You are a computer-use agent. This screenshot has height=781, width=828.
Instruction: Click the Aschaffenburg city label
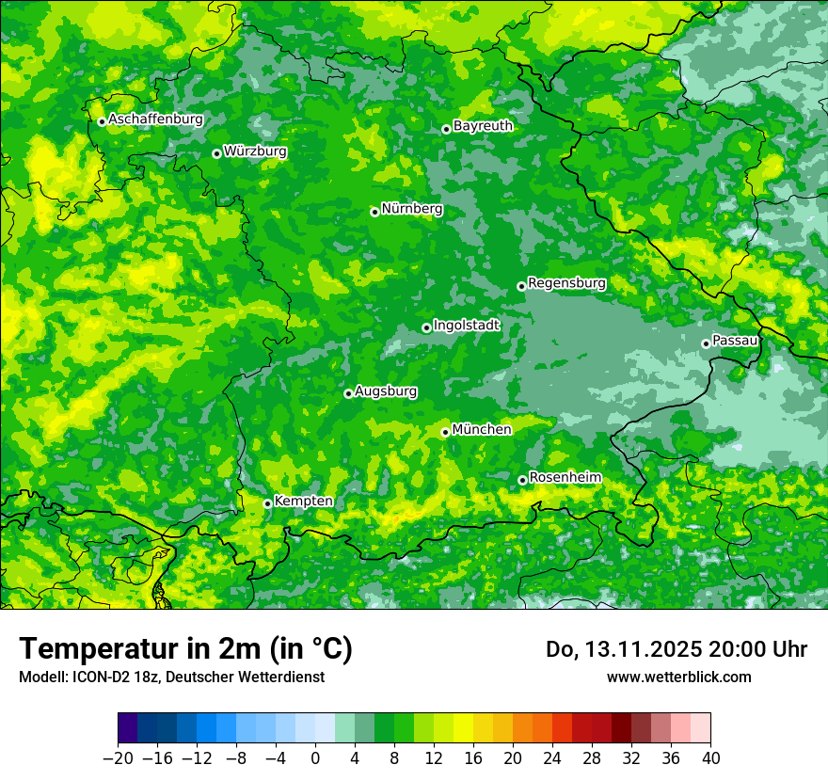[155, 120]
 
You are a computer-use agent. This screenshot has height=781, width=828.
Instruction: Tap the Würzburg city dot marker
[216, 153]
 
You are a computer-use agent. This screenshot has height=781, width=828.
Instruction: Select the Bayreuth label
[483, 125]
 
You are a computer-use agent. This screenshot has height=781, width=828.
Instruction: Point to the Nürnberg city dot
[374, 212]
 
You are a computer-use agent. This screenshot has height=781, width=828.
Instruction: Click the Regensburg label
[566, 282]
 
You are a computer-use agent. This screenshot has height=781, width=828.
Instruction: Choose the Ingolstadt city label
[467, 326]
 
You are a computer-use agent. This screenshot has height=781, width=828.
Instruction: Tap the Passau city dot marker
[706, 343]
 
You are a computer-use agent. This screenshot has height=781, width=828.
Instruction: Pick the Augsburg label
[386, 391]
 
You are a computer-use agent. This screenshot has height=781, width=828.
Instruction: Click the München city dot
[445, 433]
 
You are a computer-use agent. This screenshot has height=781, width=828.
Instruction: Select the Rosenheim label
[565, 478]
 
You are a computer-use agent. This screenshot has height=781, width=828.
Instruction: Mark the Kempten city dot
[267, 503]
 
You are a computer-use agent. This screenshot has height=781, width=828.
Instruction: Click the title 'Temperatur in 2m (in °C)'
[185, 648]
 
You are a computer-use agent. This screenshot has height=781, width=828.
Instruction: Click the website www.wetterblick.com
[678, 677]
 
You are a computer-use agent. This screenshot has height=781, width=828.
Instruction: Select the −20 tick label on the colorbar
[118, 758]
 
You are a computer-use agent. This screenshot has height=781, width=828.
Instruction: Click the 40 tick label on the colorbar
[710, 758]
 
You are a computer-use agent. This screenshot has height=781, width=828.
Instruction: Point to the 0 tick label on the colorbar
[315, 758]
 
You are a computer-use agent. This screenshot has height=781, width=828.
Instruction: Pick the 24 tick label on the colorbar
[552, 758]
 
